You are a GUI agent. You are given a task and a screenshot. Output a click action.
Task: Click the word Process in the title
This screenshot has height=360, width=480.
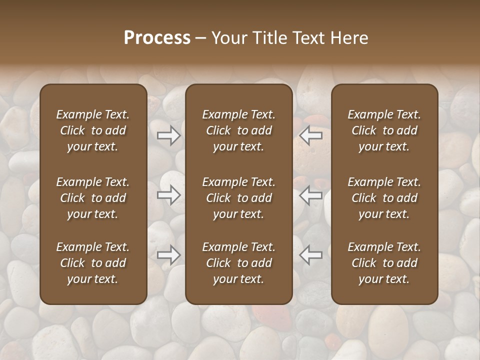(x=157, y=37)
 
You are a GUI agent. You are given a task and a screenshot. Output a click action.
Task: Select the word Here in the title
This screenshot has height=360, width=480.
(x=350, y=37)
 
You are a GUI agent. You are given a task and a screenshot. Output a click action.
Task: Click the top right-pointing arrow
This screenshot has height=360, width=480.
(x=168, y=135)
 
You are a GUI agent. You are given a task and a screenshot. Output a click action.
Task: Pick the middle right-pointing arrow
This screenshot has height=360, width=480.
(x=168, y=195)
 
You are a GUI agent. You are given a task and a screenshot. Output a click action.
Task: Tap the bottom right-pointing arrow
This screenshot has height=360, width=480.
(x=168, y=255)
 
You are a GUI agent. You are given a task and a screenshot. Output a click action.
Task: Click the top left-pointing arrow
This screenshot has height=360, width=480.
(x=311, y=135)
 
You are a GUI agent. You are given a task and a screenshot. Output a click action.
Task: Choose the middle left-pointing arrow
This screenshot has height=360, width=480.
(x=311, y=195)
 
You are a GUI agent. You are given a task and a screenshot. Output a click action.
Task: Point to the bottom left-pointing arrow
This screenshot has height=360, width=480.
(x=311, y=255)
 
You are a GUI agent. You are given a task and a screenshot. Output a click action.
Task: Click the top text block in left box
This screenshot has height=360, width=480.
(x=93, y=130)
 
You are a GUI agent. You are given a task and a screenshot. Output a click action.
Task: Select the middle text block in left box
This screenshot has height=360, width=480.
(x=93, y=198)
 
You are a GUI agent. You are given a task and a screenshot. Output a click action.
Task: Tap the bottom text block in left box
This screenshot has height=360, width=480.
(x=93, y=263)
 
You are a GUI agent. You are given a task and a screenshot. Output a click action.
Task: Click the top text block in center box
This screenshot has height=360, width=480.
(x=239, y=130)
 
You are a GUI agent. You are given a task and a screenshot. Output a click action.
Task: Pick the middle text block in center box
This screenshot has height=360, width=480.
(x=239, y=198)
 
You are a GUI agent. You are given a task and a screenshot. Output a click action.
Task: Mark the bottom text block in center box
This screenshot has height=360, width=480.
(x=239, y=263)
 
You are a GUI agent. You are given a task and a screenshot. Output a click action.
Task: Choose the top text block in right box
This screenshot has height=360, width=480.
(x=384, y=130)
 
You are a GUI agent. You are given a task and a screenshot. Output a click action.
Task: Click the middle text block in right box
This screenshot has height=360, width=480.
(x=384, y=198)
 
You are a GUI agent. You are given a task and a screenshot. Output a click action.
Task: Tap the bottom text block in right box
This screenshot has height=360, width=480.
(x=384, y=263)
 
